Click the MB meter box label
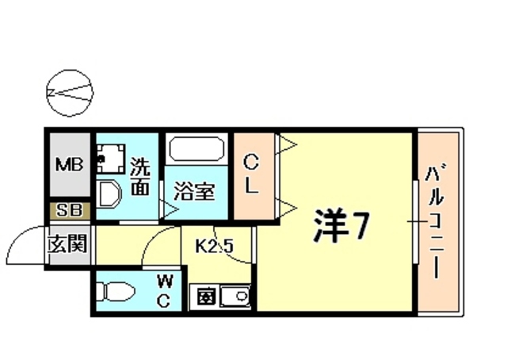[69, 166]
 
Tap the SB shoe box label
[68, 211]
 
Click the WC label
[166, 290]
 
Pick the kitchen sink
[234, 300]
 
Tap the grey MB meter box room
[69, 166]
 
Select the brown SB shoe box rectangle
[68, 211]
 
